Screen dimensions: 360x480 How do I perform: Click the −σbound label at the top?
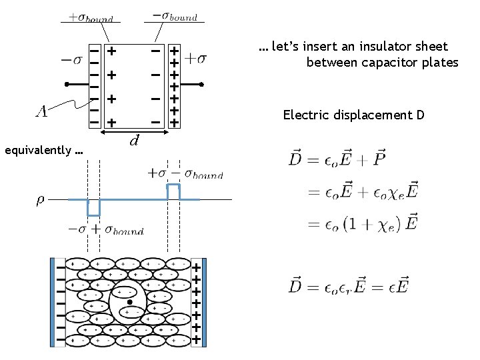[x=175, y=16]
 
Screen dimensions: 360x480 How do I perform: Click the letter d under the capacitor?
[x=134, y=141]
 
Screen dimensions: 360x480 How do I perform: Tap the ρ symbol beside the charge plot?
[x=39, y=199]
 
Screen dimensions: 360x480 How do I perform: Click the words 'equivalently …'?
[x=43, y=150]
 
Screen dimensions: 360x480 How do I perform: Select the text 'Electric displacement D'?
[x=353, y=115]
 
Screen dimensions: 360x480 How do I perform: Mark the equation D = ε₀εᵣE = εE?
[x=349, y=287]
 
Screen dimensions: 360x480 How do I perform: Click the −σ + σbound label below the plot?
[x=105, y=231]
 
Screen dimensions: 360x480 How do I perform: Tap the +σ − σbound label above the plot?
[x=185, y=174]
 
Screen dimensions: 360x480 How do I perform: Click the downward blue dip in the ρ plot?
[x=93, y=208]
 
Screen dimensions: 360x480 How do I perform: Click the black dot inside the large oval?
[x=130, y=302]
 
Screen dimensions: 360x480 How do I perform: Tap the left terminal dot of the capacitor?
[x=67, y=85]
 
